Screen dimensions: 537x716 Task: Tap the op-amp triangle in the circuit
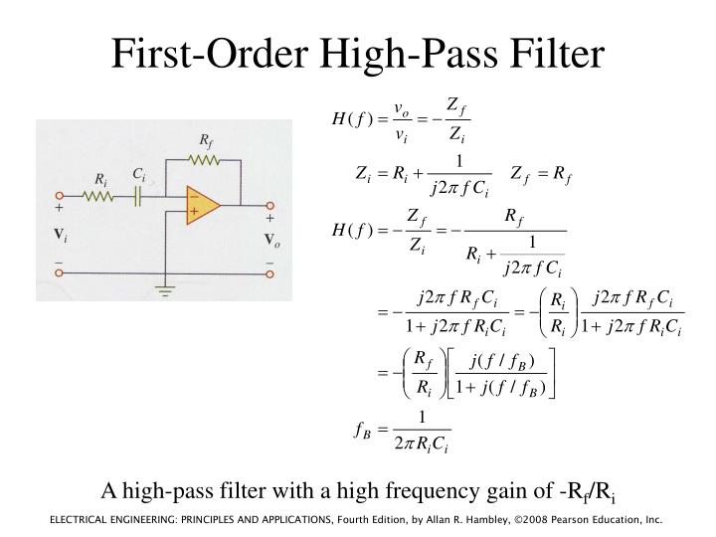202,205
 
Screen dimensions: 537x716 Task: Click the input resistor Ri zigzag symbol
99,197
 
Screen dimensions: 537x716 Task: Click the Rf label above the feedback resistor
206,139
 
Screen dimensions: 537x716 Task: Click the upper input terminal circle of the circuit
60,197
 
